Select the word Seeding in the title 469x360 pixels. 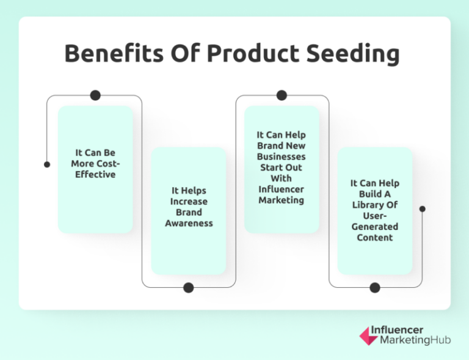point(354,54)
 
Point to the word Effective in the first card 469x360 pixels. point(95,175)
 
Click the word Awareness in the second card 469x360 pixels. point(189,224)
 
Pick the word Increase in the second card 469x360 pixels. point(189,202)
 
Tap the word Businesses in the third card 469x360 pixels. point(282,156)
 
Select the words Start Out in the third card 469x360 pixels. point(282,167)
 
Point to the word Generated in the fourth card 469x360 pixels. point(375,227)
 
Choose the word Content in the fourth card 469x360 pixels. point(375,238)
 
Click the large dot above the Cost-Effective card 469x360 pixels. point(95,95)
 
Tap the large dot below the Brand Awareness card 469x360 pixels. point(189,287)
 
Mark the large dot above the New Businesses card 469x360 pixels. point(282,95)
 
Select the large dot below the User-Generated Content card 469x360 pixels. point(375,287)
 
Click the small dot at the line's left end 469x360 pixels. point(47,164)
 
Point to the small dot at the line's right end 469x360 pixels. point(422,209)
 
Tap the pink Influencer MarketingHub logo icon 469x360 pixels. point(368,335)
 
